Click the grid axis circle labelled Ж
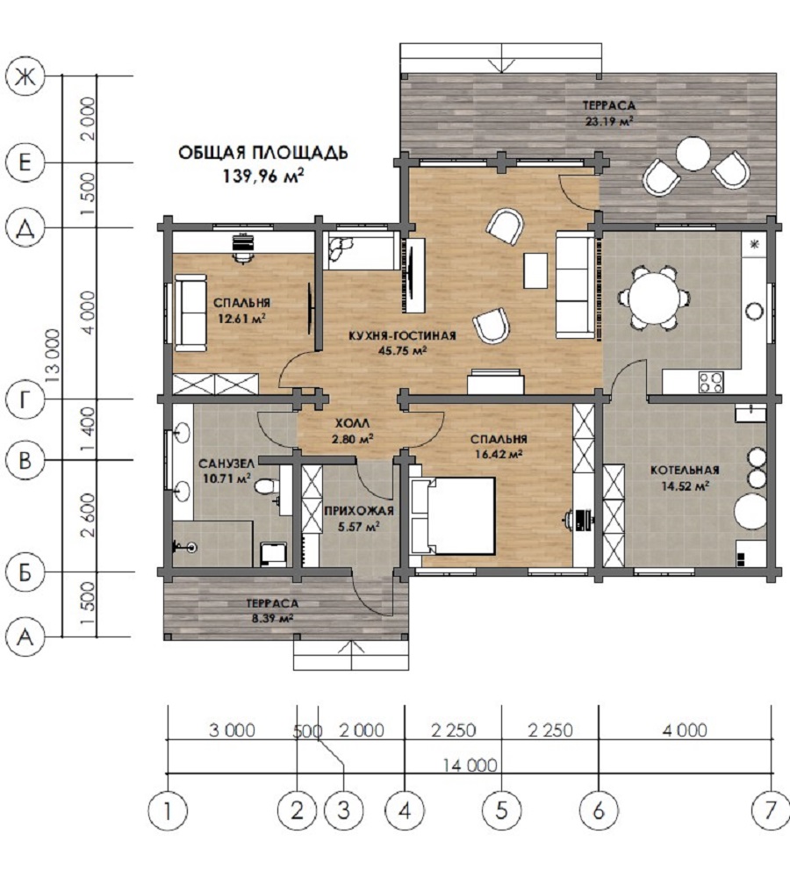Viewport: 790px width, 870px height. tap(25, 76)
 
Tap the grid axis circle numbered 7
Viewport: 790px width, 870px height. tap(770, 811)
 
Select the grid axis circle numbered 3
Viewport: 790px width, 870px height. tap(343, 811)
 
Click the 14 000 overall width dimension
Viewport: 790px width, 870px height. tap(470, 766)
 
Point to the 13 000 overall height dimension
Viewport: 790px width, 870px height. tap(53, 356)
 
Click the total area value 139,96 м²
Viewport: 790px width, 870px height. tap(263, 176)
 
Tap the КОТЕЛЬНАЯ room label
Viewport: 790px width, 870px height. tap(685, 471)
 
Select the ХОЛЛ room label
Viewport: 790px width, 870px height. tap(352, 424)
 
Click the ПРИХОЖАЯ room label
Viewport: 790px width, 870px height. tap(359, 511)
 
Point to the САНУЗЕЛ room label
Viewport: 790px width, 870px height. tap(226, 464)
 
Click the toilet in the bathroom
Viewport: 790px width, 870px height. tap(267, 486)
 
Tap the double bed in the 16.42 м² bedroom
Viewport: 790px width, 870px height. tap(453, 516)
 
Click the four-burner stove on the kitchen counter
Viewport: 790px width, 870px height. tap(711, 382)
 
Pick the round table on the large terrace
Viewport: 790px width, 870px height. tap(693, 153)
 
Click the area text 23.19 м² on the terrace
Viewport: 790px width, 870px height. tap(608, 121)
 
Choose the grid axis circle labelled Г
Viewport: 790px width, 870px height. tap(25, 399)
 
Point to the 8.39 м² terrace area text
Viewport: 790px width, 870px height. tap(272, 618)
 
